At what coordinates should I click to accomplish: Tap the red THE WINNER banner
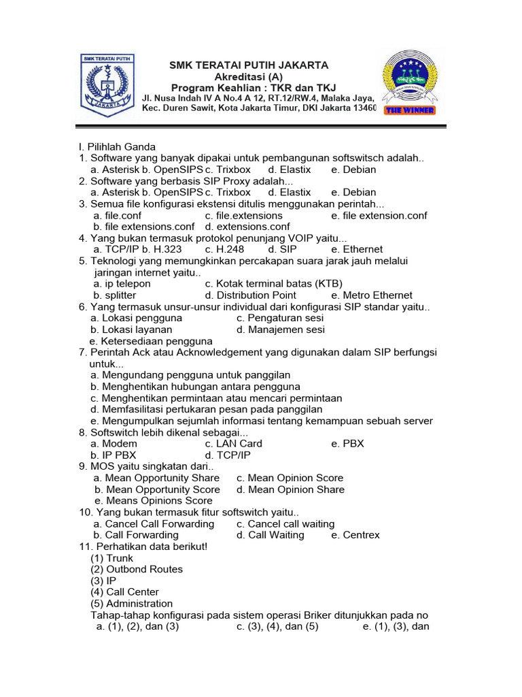pyautogui.click(x=409, y=110)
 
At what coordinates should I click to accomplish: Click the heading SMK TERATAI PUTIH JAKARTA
pyautogui.click(x=249, y=65)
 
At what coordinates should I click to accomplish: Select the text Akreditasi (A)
pyautogui.click(x=249, y=76)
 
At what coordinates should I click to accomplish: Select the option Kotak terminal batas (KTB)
pyautogui.click(x=274, y=283)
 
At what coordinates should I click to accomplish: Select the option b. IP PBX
pyautogui.click(x=114, y=455)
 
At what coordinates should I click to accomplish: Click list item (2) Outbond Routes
pyautogui.click(x=136, y=569)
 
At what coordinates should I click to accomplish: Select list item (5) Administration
pyautogui.click(x=131, y=603)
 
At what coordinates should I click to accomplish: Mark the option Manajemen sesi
pyautogui.click(x=281, y=329)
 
